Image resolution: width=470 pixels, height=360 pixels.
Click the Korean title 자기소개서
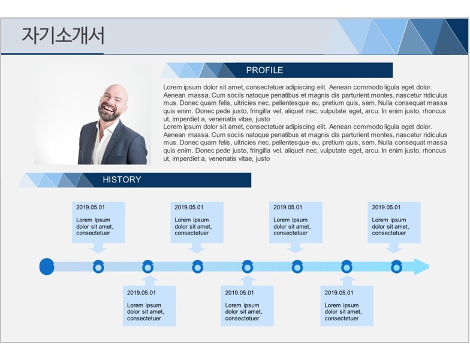(64, 36)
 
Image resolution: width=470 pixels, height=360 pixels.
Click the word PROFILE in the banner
(264, 70)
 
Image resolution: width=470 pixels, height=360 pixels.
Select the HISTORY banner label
(122, 180)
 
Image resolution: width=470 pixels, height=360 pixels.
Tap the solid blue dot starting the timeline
(47, 266)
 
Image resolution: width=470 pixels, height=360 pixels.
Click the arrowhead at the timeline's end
(422, 266)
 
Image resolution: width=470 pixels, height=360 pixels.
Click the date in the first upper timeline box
(91, 208)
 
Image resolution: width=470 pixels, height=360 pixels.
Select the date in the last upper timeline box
(386, 208)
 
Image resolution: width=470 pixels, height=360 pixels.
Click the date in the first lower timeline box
(141, 293)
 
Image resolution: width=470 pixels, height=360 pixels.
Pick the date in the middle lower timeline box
(239, 293)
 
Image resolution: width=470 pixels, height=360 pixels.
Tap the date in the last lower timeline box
(339, 293)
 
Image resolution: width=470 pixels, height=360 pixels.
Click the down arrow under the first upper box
(98, 248)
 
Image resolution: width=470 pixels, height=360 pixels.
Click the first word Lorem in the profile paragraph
(173, 88)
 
